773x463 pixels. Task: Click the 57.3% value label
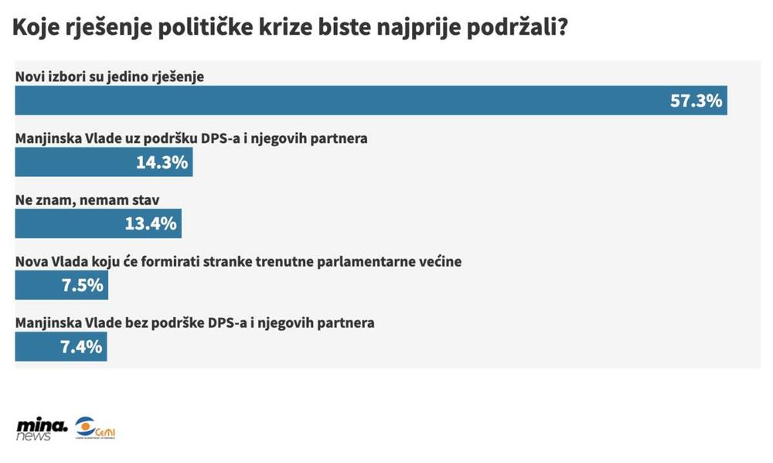tap(696, 101)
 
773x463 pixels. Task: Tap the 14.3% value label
tap(162, 163)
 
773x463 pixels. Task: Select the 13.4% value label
tap(151, 224)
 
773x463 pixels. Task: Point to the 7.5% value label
tap(82, 285)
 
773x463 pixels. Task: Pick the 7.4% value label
tap(81, 347)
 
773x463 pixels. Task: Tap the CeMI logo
tap(95, 428)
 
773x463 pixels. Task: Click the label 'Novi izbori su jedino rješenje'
tap(109, 78)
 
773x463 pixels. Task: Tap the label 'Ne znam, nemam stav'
tap(87, 200)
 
